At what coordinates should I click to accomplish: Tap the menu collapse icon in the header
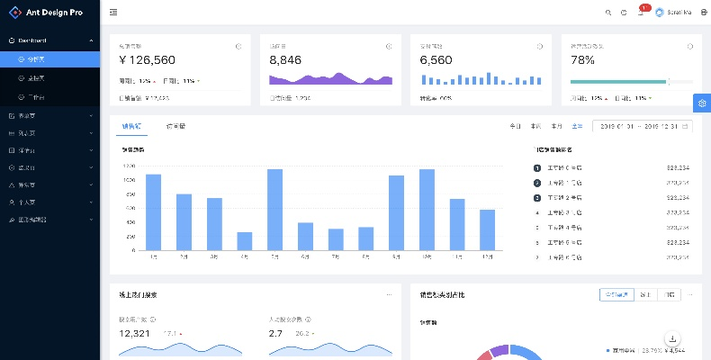tap(112, 13)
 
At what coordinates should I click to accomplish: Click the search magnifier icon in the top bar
tap(608, 13)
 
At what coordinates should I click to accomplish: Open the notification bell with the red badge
tap(640, 13)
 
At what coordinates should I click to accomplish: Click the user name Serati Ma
tap(679, 13)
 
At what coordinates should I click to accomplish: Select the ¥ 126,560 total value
tap(147, 60)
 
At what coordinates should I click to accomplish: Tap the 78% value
tap(582, 60)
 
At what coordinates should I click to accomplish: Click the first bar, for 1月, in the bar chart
tap(153, 211)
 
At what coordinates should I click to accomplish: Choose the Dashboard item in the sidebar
tap(32, 40)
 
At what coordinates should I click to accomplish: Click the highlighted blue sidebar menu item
tap(49, 58)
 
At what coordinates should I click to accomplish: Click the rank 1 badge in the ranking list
tap(537, 167)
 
